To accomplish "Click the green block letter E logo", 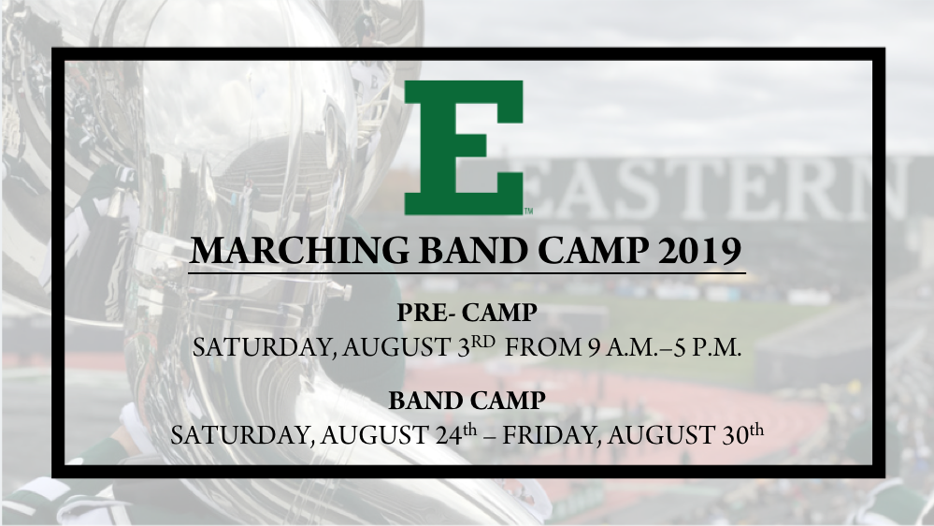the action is [x=464, y=147].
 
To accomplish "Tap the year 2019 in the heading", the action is [x=700, y=251].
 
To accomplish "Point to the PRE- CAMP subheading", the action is [x=467, y=312].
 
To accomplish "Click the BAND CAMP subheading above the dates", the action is [x=467, y=401].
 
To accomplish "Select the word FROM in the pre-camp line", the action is [x=542, y=347].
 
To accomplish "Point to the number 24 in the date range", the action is [x=449, y=435].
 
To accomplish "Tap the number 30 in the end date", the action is [x=735, y=435].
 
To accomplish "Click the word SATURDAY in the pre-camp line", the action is [x=265, y=347].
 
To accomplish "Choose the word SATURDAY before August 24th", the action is [x=243, y=435].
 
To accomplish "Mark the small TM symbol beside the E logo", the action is [x=528, y=211].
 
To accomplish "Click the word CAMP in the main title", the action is [x=593, y=251].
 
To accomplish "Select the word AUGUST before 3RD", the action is [x=395, y=347].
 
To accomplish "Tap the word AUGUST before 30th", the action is [x=661, y=435].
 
